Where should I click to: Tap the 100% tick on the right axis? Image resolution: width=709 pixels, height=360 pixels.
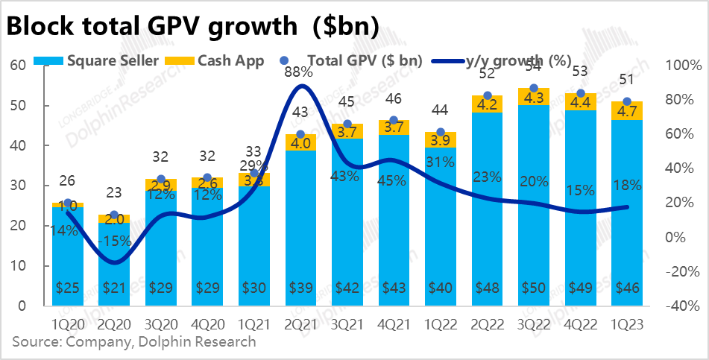click(x=681, y=66)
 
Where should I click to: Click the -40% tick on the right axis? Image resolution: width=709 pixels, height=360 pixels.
click(x=681, y=306)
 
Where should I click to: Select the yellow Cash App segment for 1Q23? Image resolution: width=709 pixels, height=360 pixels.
click(x=626, y=111)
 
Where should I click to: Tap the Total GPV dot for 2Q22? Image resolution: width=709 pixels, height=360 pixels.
click(x=488, y=96)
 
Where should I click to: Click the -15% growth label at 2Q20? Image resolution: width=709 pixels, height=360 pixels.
click(x=114, y=241)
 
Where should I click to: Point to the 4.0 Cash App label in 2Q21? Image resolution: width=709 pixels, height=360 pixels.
click(x=301, y=142)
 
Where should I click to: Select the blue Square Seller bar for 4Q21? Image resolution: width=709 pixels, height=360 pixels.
click(x=394, y=224)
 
